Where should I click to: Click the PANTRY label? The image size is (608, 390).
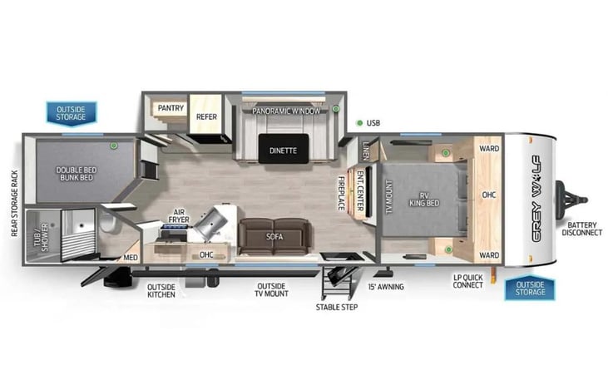(x=171, y=108)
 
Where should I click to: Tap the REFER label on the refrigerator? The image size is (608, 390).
(x=206, y=117)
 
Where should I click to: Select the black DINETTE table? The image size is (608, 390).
(x=283, y=150)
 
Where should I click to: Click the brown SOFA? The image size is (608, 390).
(x=274, y=235)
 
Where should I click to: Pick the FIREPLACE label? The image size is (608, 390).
(x=340, y=192)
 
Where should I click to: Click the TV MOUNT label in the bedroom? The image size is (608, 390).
(x=388, y=197)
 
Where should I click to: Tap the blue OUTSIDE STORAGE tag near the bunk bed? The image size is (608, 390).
(x=71, y=112)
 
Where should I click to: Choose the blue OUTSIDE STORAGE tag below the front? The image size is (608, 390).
(x=529, y=288)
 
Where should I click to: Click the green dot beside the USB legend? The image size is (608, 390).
(x=359, y=123)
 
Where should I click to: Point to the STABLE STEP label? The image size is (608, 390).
(x=336, y=307)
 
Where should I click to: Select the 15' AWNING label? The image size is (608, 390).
(x=385, y=286)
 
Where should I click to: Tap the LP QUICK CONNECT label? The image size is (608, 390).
(x=468, y=281)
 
